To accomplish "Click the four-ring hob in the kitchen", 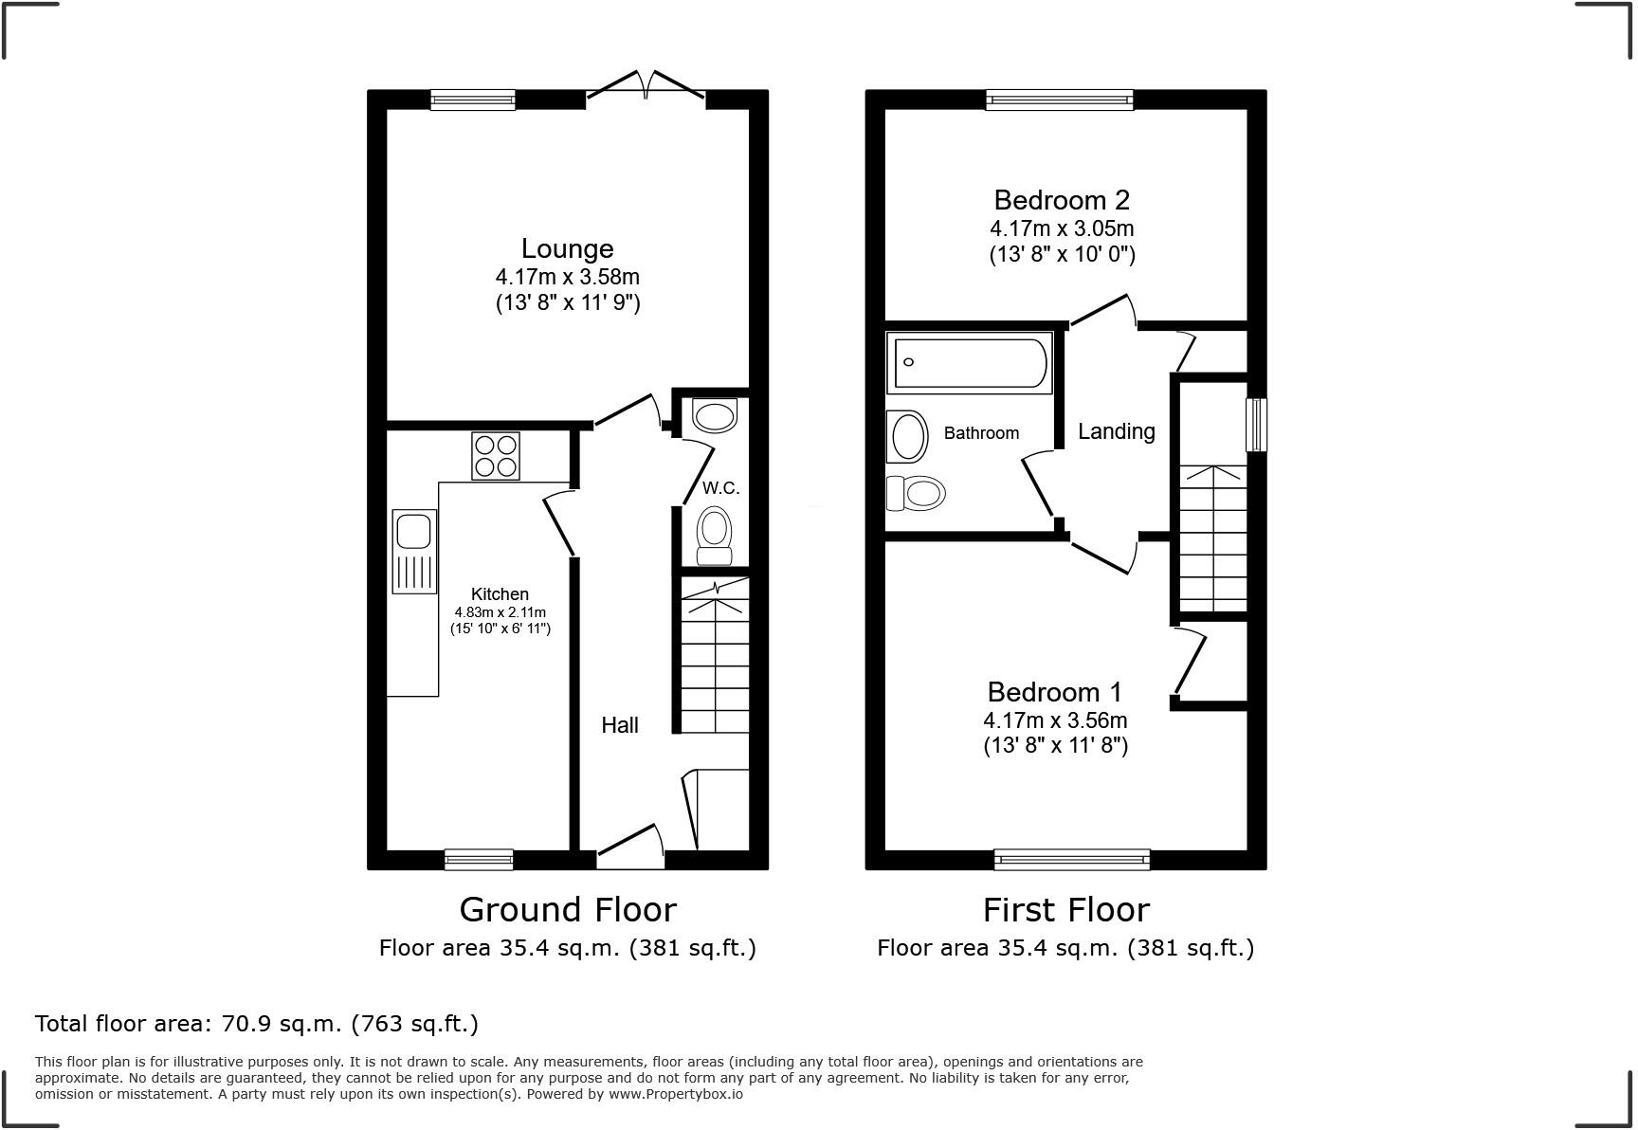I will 496,456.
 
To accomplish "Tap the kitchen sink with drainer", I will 414,551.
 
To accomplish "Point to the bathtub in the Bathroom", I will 969,362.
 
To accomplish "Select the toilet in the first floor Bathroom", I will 915,492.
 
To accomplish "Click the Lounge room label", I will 567,248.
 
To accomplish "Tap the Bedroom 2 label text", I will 1062,200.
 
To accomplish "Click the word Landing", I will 1116,431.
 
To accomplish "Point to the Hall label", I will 620,725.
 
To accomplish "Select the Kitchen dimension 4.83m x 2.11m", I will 500,612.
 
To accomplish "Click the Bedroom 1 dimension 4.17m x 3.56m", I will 1055,720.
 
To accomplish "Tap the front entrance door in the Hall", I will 630,845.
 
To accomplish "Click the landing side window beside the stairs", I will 1256,424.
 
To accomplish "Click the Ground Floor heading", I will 568,910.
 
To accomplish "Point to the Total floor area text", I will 256,1024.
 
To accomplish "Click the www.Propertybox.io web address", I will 675,1094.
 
